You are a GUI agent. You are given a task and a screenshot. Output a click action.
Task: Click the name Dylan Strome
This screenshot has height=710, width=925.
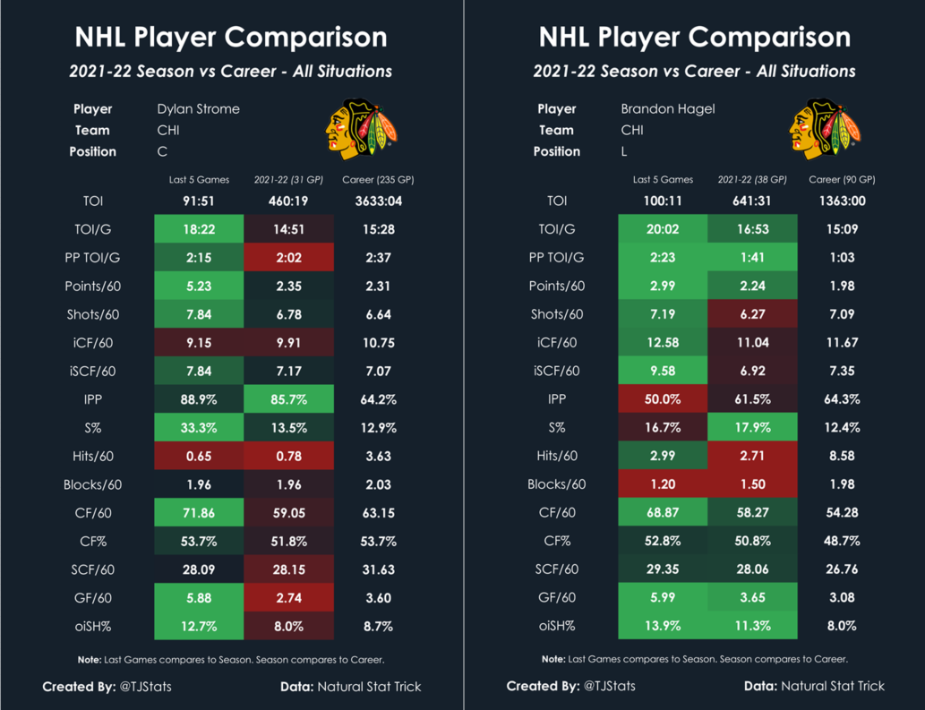(x=198, y=109)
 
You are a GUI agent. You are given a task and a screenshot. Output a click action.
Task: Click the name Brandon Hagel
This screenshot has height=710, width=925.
(x=667, y=109)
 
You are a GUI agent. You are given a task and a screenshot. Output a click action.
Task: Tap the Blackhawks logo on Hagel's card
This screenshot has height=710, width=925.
(x=825, y=129)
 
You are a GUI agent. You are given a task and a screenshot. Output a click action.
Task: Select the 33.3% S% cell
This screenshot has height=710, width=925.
(x=199, y=427)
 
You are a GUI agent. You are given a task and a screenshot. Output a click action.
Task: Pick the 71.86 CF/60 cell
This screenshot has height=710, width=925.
(x=199, y=513)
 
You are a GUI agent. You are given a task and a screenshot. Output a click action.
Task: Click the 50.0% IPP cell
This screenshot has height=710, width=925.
(x=663, y=398)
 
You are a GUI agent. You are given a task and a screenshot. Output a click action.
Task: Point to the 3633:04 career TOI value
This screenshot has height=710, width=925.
(x=378, y=201)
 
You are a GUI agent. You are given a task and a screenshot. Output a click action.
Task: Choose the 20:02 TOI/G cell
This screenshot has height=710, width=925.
(x=663, y=229)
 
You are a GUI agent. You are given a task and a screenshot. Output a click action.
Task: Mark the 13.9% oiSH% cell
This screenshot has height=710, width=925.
(x=663, y=627)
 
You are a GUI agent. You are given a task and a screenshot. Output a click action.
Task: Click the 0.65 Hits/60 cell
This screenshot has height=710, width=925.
(x=199, y=456)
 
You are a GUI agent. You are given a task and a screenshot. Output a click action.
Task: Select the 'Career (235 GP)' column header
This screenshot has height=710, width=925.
(x=378, y=180)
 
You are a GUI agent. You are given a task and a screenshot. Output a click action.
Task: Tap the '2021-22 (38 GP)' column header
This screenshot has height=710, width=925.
(x=752, y=180)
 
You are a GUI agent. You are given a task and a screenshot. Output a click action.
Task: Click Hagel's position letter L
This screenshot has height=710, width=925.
(x=625, y=152)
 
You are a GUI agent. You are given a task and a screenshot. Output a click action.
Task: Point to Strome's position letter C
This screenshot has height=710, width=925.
(x=162, y=152)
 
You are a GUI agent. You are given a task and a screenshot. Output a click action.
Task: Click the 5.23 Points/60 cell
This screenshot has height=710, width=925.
(x=199, y=286)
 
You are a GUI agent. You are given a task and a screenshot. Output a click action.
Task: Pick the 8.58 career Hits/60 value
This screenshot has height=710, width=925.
(x=842, y=456)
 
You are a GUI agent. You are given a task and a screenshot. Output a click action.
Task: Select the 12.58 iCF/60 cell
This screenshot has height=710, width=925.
(x=663, y=342)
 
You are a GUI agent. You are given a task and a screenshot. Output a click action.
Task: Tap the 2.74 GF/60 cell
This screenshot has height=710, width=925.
(x=288, y=598)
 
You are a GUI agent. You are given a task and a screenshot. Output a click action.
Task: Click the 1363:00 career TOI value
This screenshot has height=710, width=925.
(x=842, y=201)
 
